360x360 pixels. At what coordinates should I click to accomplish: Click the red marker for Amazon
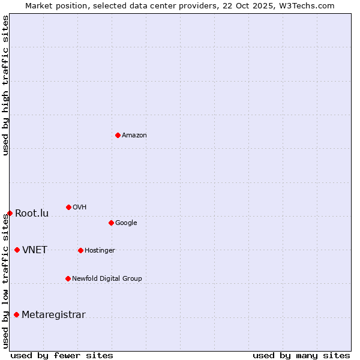coord(118,135)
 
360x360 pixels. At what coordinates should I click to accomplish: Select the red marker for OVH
coord(68,207)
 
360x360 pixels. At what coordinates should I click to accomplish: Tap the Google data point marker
coord(111,223)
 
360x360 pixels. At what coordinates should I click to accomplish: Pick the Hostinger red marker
coord(80,250)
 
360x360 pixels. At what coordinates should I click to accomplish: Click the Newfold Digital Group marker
coord(68,278)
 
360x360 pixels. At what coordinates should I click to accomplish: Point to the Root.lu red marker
coord(10,213)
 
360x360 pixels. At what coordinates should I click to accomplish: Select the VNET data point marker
coord(17,250)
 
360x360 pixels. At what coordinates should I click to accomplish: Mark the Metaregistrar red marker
coord(16,314)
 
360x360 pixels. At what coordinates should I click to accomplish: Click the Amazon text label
coord(134,136)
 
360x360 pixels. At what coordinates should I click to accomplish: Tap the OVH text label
coord(80,208)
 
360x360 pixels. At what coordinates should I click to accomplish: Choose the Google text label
coord(126,223)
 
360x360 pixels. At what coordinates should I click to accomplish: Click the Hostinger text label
coord(100,251)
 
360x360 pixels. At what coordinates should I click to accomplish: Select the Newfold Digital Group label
coord(107,279)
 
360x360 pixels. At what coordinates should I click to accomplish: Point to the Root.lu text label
coord(32,214)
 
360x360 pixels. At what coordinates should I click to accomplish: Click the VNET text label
coord(35,250)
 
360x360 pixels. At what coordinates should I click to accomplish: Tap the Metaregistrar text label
coord(53,315)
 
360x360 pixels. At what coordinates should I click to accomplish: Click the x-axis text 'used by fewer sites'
coord(62,355)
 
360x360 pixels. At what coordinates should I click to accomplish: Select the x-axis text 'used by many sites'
coord(301,355)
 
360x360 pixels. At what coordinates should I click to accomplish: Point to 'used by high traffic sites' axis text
coord(5,86)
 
